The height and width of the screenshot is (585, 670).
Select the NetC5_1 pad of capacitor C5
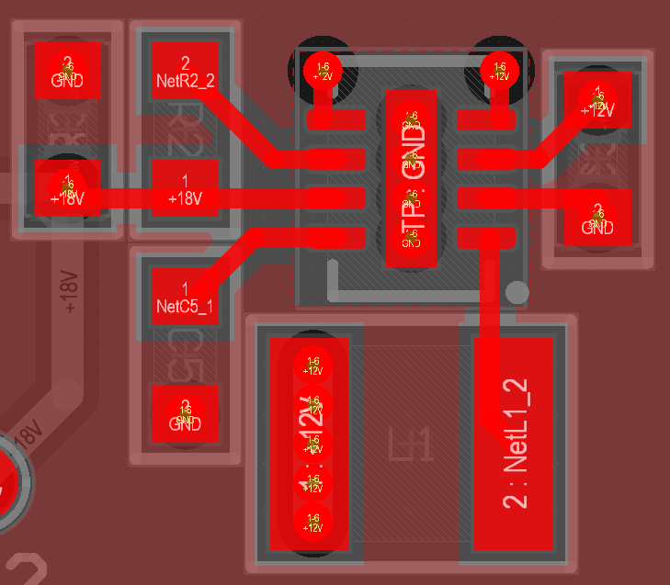[x=185, y=296]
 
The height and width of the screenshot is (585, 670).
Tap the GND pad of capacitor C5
[x=185, y=413]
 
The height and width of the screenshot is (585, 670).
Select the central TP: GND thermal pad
[x=411, y=178]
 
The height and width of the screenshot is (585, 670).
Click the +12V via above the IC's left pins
[x=323, y=70]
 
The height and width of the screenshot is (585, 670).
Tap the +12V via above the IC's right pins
[x=499, y=70]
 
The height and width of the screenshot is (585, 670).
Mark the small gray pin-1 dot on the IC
[x=518, y=293]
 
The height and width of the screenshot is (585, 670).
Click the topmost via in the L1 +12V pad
[x=313, y=365]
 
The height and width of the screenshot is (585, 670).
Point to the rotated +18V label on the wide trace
[x=71, y=293]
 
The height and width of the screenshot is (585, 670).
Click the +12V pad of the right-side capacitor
[x=598, y=101]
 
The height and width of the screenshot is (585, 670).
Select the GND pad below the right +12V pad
[x=597, y=218]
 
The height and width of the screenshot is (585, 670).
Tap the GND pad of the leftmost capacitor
[x=67, y=71]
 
